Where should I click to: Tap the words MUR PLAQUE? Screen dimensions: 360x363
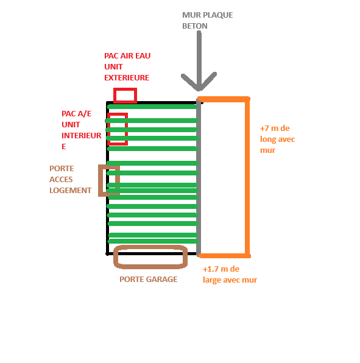pos(208,15)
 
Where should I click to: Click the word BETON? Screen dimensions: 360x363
pos(195,26)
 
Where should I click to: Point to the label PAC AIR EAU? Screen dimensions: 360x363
pos(127,56)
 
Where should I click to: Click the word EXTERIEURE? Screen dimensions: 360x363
pos(127,78)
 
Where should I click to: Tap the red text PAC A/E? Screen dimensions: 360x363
pos(76,114)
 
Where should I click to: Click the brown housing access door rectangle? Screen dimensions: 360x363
pos(100,180)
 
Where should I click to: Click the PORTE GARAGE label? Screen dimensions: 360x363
pos(149,280)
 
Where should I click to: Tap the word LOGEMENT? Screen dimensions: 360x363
pos(71,190)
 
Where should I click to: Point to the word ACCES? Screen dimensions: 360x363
pos(61,180)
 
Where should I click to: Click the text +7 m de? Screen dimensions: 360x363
pos(275,129)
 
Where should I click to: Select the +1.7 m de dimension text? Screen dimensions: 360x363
pos(221,269)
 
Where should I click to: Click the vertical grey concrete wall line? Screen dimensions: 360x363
pos(199,177)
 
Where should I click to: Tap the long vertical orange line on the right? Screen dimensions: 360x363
pos(247,177)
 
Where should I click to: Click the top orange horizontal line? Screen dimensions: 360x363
pos(224,99)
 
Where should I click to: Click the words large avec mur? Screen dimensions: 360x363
pos(230,280)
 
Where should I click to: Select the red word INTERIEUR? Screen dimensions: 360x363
pos(82,136)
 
